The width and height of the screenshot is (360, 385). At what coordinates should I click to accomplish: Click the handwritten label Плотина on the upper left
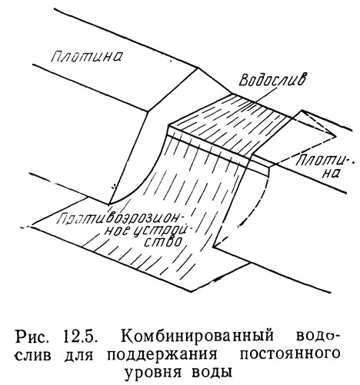[86, 56]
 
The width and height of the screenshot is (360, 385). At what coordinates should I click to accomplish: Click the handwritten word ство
[162, 241]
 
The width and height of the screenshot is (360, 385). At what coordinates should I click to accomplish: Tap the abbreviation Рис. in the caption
[32, 337]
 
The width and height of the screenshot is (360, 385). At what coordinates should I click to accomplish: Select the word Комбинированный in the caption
[197, 337]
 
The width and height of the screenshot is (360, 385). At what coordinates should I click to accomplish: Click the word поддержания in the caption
[162, 356]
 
